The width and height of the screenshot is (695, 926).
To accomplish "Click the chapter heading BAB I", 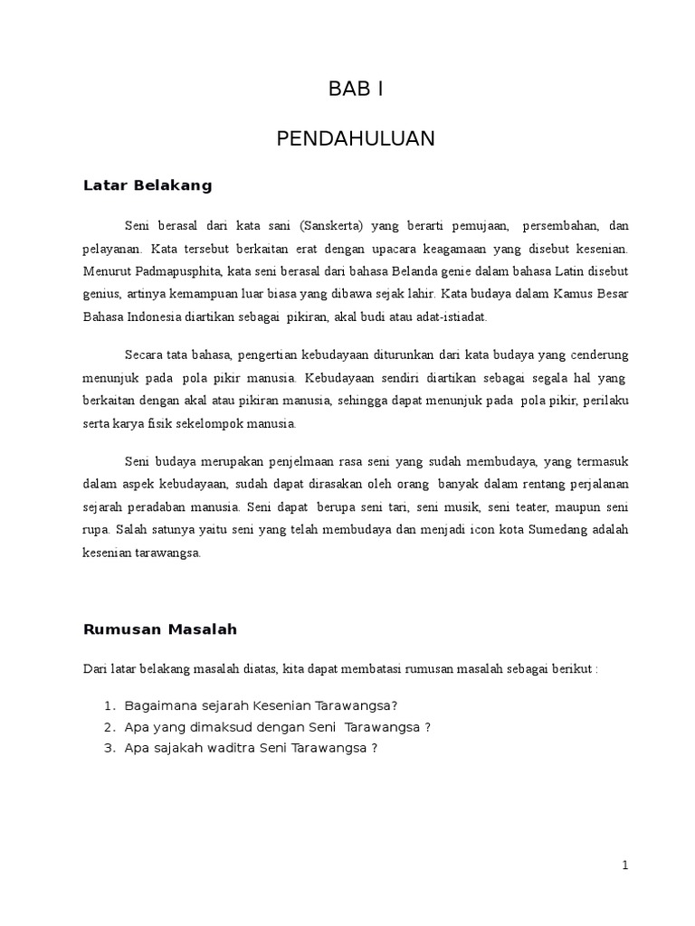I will (356, 90).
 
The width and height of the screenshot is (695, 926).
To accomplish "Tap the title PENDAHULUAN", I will (356, 138).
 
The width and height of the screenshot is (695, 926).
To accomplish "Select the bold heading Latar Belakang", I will (148, 185).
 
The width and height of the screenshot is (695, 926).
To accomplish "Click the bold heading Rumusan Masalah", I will (159, 628).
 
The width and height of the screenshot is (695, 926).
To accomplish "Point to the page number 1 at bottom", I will (624, 865).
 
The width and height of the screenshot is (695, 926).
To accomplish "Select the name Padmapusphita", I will (177, 271).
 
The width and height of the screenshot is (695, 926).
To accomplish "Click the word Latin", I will (542, 271).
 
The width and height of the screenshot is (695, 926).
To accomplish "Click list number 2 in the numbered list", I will (109, 727).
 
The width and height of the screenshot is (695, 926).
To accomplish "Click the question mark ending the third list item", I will (374, 748).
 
